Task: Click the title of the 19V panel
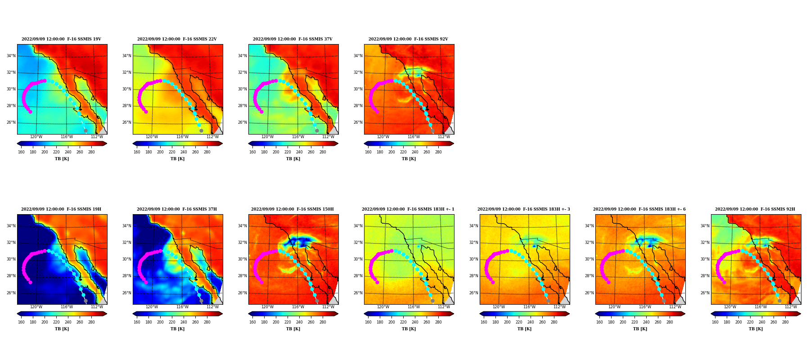(x=62, y=39)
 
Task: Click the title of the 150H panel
(x=292, y=209)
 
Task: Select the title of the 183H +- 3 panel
(x=524, y=209)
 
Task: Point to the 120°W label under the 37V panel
(x=267, y=137)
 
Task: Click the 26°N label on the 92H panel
(x=705, y=293)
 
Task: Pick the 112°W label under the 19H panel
(x=97, y=307)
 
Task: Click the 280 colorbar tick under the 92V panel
(x=438, y=152)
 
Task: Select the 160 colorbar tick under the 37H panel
(x=137, y=322)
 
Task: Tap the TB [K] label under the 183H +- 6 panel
(x=640, y=329)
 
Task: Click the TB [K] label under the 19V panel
(x=62, y=159)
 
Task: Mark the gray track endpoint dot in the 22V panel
(x=201, y=131)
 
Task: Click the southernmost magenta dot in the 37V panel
(x=261, y=112)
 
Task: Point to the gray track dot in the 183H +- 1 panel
(x=432, y=301)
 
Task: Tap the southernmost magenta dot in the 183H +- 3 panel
(x=493, y=282)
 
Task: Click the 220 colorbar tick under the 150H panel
(x=288, y=322)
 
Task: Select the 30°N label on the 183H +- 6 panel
(x=589, y=259)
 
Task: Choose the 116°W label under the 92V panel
(x=414, y=137)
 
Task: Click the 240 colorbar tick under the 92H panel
(x=762, y=322)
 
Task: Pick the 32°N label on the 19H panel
(x=11, y=243)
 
